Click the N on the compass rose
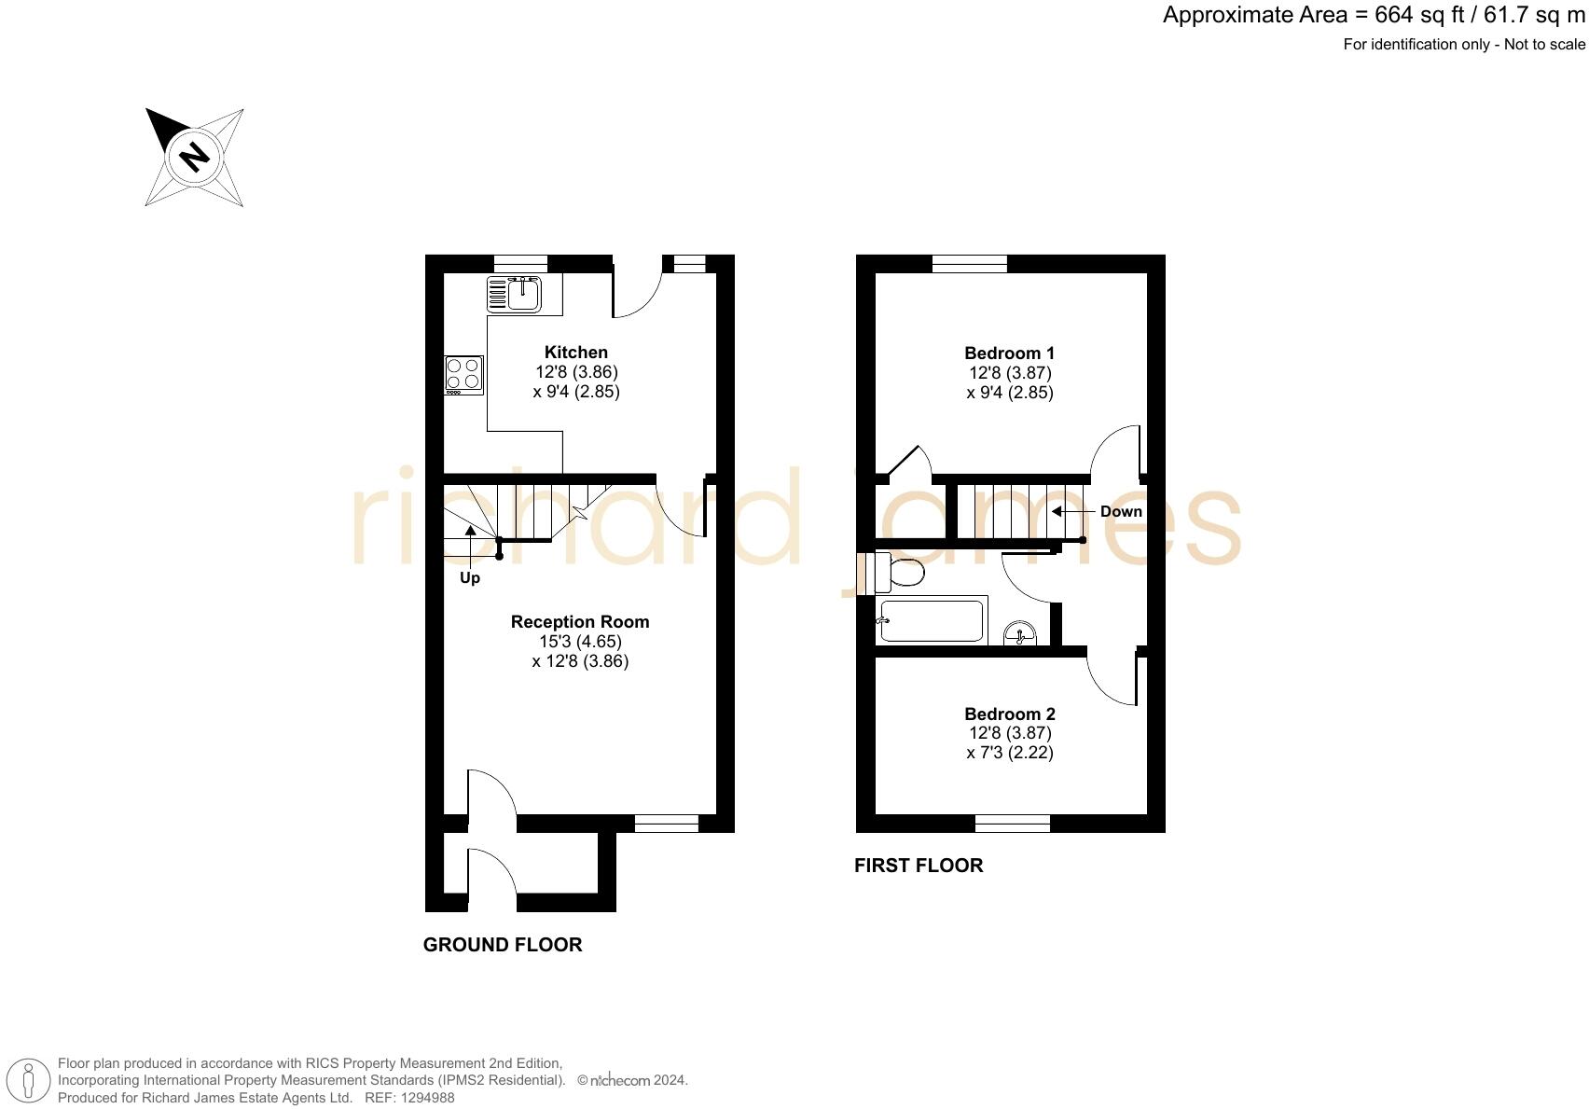194,156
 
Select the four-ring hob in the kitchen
463,375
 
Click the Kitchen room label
576,353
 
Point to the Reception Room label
580,622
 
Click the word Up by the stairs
470,578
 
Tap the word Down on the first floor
1121,511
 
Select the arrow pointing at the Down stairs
1072,511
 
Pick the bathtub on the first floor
932,621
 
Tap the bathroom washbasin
1021,635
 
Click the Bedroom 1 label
1010,353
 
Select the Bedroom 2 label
1010,714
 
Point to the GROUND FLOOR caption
503,945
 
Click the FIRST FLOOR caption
919,866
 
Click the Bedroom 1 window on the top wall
970,264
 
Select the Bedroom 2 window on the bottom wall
1013,823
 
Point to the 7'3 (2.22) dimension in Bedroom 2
1010,753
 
